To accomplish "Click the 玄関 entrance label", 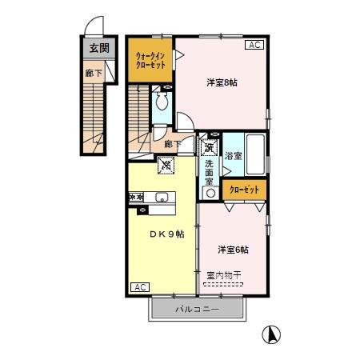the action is pyautogui.click(x=99, y=48).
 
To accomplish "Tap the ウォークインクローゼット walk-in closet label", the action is pyautogui.click(x=150, y=61).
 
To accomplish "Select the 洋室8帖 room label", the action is pyautogui.click(x=222, y=82).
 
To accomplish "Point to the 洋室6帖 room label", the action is pyautogui.click(x=233, y=250).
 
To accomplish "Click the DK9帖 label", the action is pyautogui.click(x=167, y=234).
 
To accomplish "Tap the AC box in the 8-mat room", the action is pyautogui.click(x=254, y=45).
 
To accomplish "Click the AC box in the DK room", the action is pyautogui.click(x=140, y=287).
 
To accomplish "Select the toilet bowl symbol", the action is pyautogui.click(x=162, y=101).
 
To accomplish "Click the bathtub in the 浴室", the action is pyautogui.click(x=255, y=154).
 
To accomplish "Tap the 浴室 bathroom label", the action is pyautogui.click(x=233, y=156).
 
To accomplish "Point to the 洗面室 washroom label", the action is pyautogui.click(x=209, y=173).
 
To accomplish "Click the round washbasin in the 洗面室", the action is pyautogui.click(x=210, y=193).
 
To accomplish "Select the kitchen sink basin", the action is pyautogui.click(x=162, y=198).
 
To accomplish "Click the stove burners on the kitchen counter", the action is pyautogui.click(x=136, y=198).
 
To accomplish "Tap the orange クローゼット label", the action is pyautogui.click(x=244, y=190).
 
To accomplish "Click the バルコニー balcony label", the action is pyautogui.click(x=198, y=310).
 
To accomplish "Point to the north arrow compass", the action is pyautogui.click(x=271, y=334).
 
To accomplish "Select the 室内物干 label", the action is pyautogui.click(x=224, y=275).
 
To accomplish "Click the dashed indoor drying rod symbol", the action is pyautogui.click(x=223, y=284).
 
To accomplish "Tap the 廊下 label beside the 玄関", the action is pyautogui.click(x=94, y=73).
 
